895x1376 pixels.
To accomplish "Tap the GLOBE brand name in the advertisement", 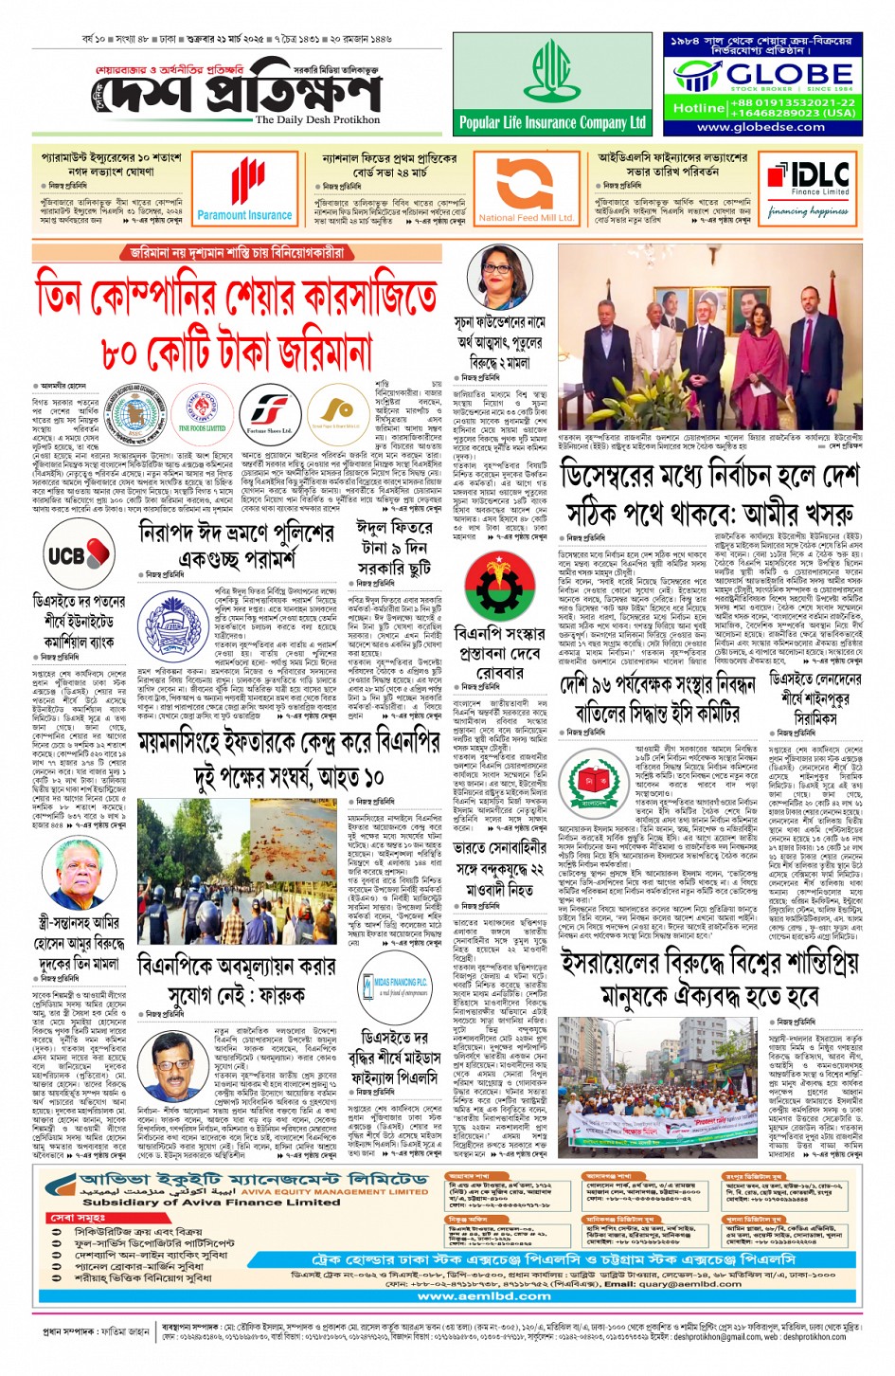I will click(775, 74).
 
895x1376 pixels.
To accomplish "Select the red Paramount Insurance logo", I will click(245, 190).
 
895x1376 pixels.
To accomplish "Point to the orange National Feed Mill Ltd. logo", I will click(526, 190).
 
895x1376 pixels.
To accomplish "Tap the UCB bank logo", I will click(78, 555).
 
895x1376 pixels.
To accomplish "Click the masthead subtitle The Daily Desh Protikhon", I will click(317, 120).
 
